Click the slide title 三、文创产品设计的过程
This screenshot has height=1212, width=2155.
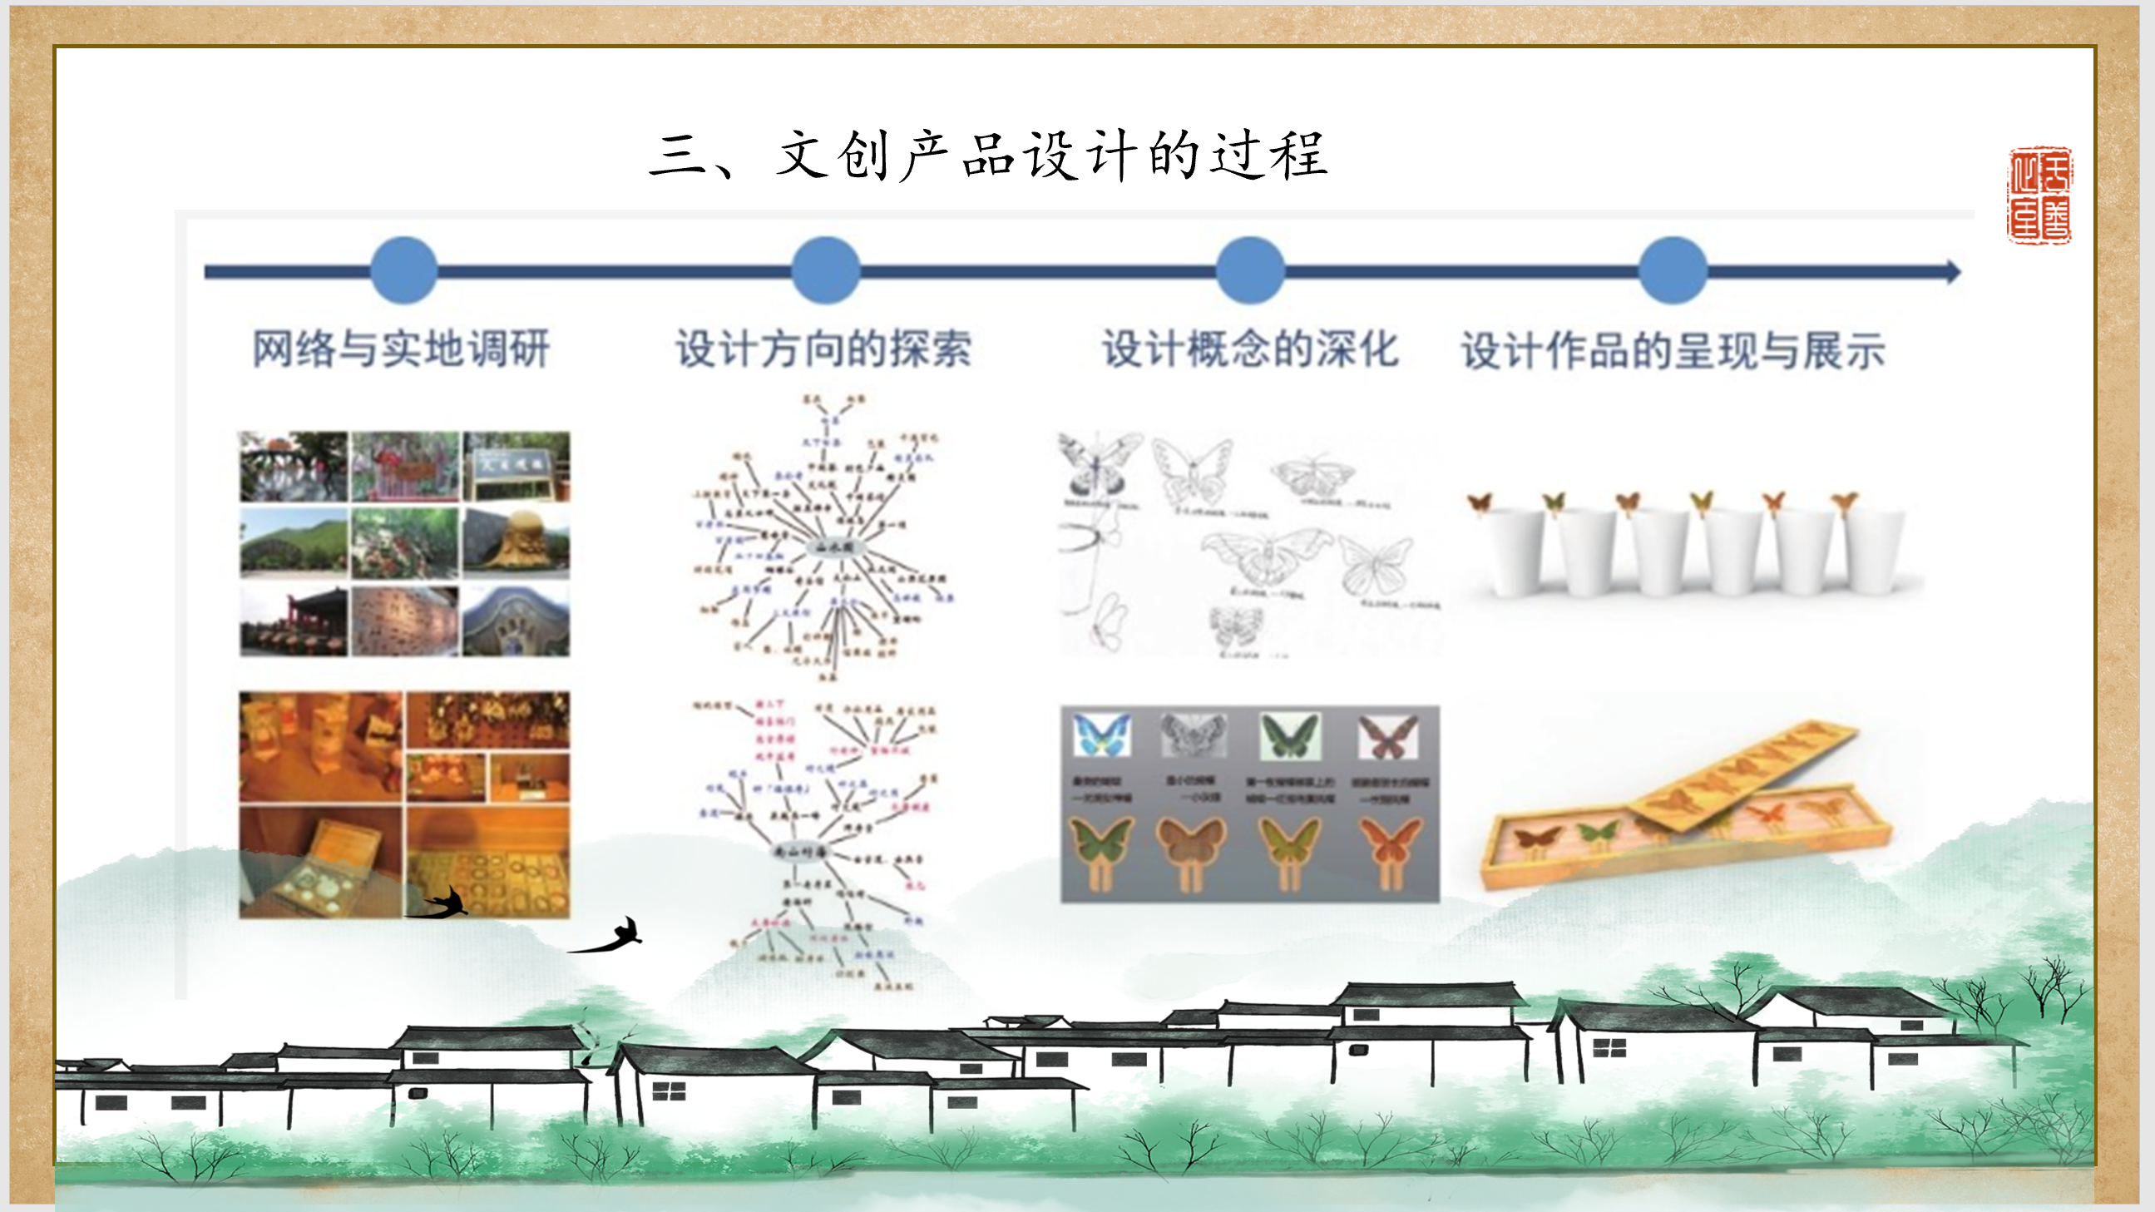988,156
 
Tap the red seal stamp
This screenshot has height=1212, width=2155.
2039,195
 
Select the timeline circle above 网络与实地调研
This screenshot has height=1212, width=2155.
404,270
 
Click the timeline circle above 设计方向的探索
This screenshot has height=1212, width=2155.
826,270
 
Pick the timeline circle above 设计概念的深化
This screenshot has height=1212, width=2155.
1250,270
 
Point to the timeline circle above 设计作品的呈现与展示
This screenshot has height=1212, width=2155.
1673,270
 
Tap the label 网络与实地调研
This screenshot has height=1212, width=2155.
401,349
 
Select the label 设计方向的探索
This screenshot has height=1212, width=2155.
823,349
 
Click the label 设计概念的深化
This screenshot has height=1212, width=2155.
1250,349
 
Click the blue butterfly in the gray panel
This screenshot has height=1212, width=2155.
1102,735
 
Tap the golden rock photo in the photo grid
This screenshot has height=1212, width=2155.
517,543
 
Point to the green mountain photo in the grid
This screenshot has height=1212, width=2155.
293,543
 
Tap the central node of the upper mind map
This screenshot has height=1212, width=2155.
833,547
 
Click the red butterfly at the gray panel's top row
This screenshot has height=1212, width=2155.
1388,737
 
